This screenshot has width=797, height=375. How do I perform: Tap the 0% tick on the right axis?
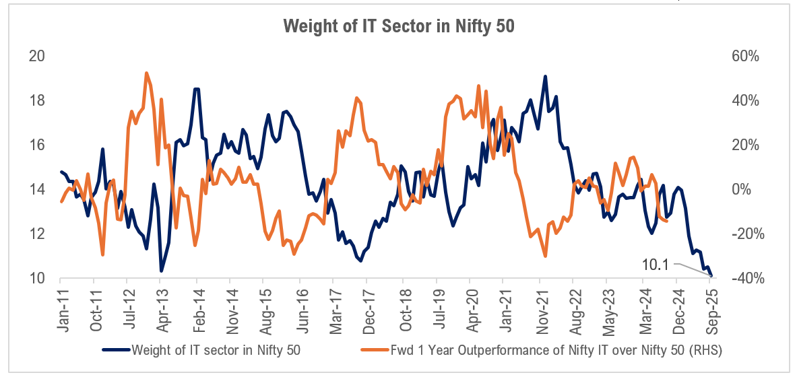click(x=741, y=189)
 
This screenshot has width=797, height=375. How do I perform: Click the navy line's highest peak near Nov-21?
click(x=544, y=76)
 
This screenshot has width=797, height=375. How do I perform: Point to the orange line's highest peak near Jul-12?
click(x=146, y=73)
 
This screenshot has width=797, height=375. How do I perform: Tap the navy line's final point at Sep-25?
click(x=711, y=276)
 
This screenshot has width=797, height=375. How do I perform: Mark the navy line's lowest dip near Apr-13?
click(x=161, y=271)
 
